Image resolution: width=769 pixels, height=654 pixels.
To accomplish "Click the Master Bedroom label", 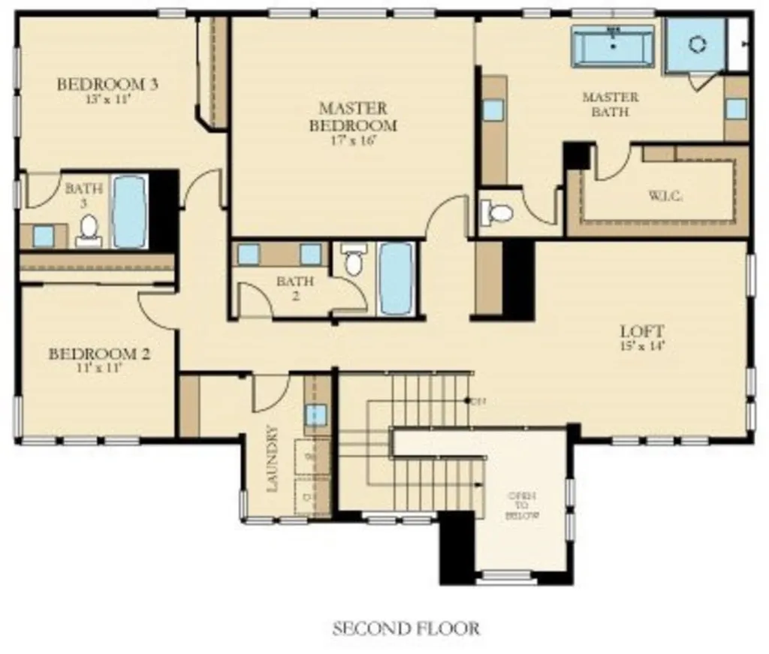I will click(x=352, y=116).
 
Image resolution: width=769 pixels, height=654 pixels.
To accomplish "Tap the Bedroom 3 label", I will click(x=107, y=84).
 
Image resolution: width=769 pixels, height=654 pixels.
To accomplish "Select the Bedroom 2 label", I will click(x=98, y=354).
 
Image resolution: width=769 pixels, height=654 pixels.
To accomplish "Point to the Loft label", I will click(x=642, y=330).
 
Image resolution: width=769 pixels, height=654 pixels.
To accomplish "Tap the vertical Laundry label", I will click(x=273, y=458).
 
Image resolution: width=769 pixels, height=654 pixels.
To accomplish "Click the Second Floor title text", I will click(x=406, y=628).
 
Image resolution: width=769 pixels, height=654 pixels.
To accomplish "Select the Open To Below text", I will click(x=523, y=506).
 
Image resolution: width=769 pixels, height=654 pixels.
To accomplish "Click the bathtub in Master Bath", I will click(x=613, y=47).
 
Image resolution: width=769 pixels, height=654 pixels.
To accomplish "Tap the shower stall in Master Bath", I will click(x=697, y=44).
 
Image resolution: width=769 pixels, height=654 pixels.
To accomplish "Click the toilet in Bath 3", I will click(x=89, y=230).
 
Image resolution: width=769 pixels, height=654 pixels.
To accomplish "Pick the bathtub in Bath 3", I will click(x=130, y=212).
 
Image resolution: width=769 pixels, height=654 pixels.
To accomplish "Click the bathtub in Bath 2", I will click(x=396, y=278).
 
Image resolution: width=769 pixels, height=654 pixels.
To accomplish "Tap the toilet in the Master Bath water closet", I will click(x=498, y=212).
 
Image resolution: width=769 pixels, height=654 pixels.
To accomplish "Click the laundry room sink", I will click(x=315, y=414).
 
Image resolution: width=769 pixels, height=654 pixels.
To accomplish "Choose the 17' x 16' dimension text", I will click(x=352, y=140).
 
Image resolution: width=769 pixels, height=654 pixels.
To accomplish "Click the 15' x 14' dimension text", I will click(x=642, y=345).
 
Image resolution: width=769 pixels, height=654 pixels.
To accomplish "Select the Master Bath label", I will click(x=610, y=104).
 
